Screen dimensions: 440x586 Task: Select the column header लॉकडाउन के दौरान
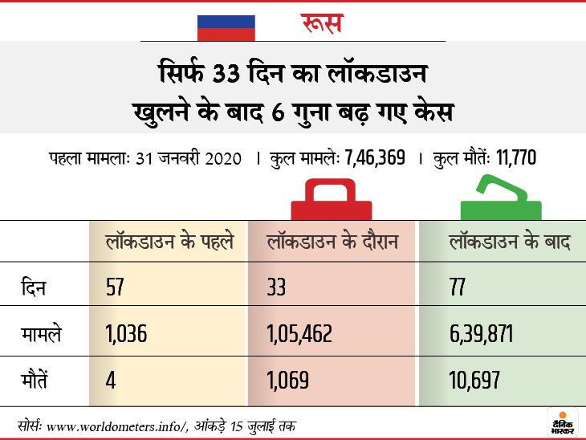[x=332, y=241]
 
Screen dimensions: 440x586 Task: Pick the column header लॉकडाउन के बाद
[x=509, y=241]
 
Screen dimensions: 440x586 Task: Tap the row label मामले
[x=41, y=332]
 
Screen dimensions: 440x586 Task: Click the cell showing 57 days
[x=117, y=287]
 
